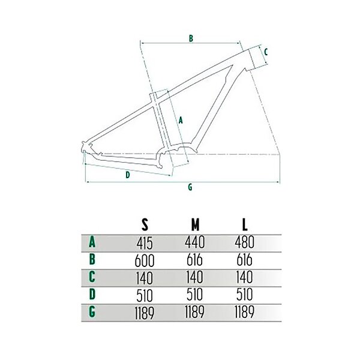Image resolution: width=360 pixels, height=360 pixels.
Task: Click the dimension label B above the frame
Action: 191,38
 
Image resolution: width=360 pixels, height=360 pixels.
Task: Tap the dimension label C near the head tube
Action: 266,52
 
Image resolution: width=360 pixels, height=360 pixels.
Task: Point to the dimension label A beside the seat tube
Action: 181,120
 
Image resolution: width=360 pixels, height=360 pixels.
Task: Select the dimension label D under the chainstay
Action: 128,175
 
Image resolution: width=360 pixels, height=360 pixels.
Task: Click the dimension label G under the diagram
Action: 190,187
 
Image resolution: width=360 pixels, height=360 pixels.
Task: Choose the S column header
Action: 145,224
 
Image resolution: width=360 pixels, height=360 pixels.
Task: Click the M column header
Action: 195,224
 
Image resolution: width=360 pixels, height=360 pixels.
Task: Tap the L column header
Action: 245,224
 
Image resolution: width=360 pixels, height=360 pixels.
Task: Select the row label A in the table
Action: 92,242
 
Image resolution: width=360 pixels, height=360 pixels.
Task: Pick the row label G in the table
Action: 92,312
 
